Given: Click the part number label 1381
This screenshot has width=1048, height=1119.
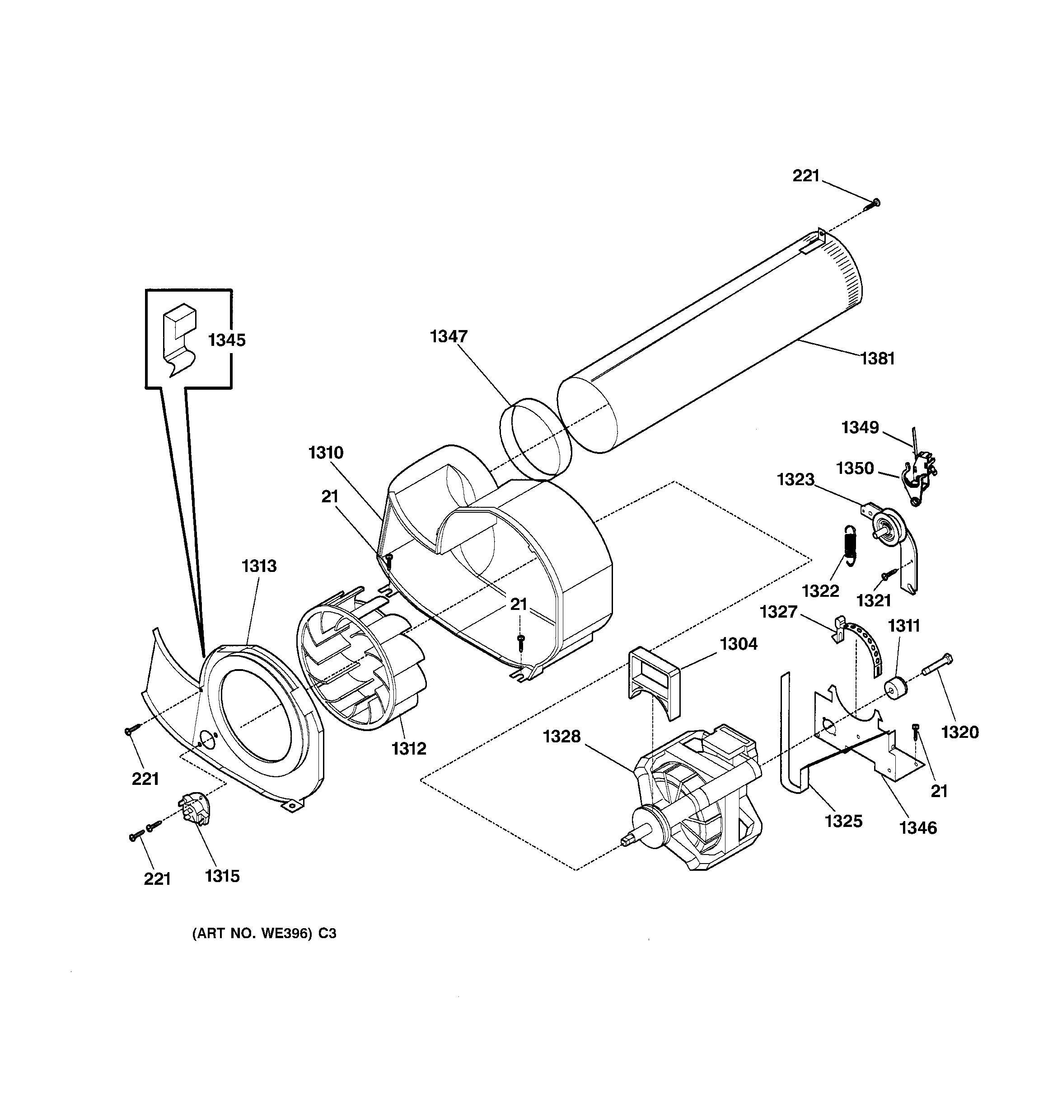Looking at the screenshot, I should click(x=878, y=358).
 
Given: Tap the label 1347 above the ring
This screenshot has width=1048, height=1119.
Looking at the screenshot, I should click(x=449, y=336).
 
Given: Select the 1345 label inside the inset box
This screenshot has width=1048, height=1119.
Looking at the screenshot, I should click(x=227, y=340).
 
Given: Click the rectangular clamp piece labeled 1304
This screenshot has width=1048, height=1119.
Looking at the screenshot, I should click(x=654, y=681).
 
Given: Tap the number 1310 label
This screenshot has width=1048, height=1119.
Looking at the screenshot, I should click(x=326, y=453).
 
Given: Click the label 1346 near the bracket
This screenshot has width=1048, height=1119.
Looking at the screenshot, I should click(x=918, y=828).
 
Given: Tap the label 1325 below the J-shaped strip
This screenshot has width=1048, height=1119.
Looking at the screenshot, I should click(x=843, y=821).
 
